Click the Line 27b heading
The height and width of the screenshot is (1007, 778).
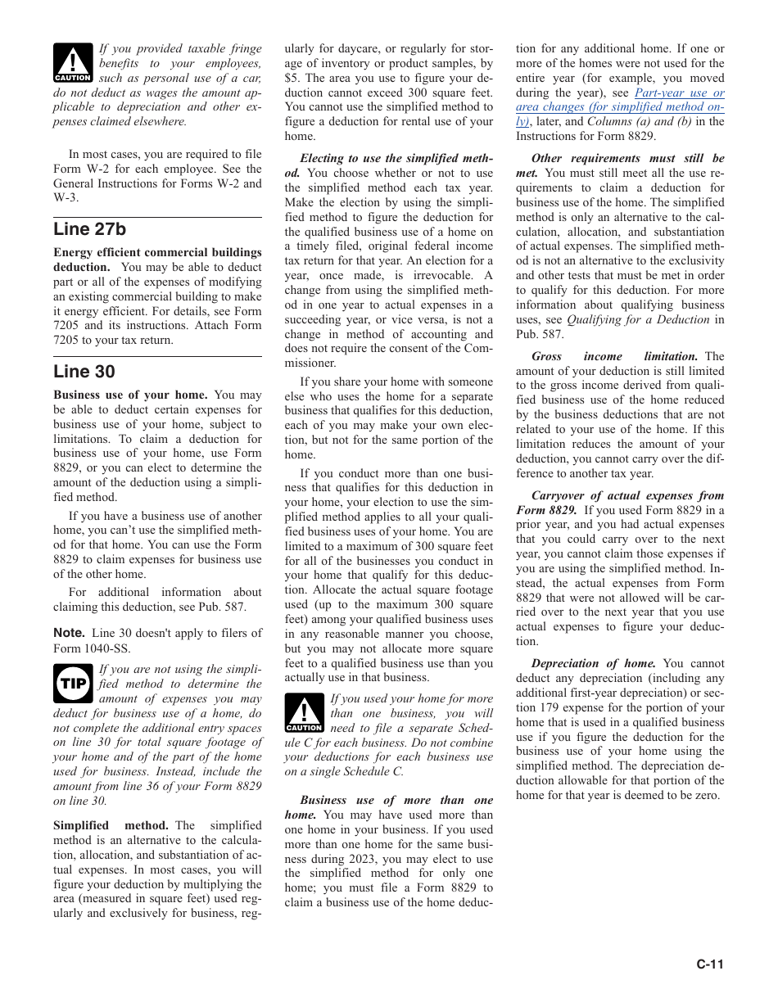pos(90,229)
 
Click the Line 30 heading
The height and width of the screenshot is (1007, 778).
pos(84,372)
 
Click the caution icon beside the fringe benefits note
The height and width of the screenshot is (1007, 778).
pos(73,63)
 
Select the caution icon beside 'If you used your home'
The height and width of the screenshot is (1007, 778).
pos(305,713)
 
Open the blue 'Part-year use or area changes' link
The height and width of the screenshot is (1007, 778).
pos(620,106)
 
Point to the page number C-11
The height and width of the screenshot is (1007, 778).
pos(710,964)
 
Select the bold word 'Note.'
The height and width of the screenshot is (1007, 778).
pos(69,633)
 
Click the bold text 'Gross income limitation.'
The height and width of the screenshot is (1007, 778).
pos(614,356)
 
